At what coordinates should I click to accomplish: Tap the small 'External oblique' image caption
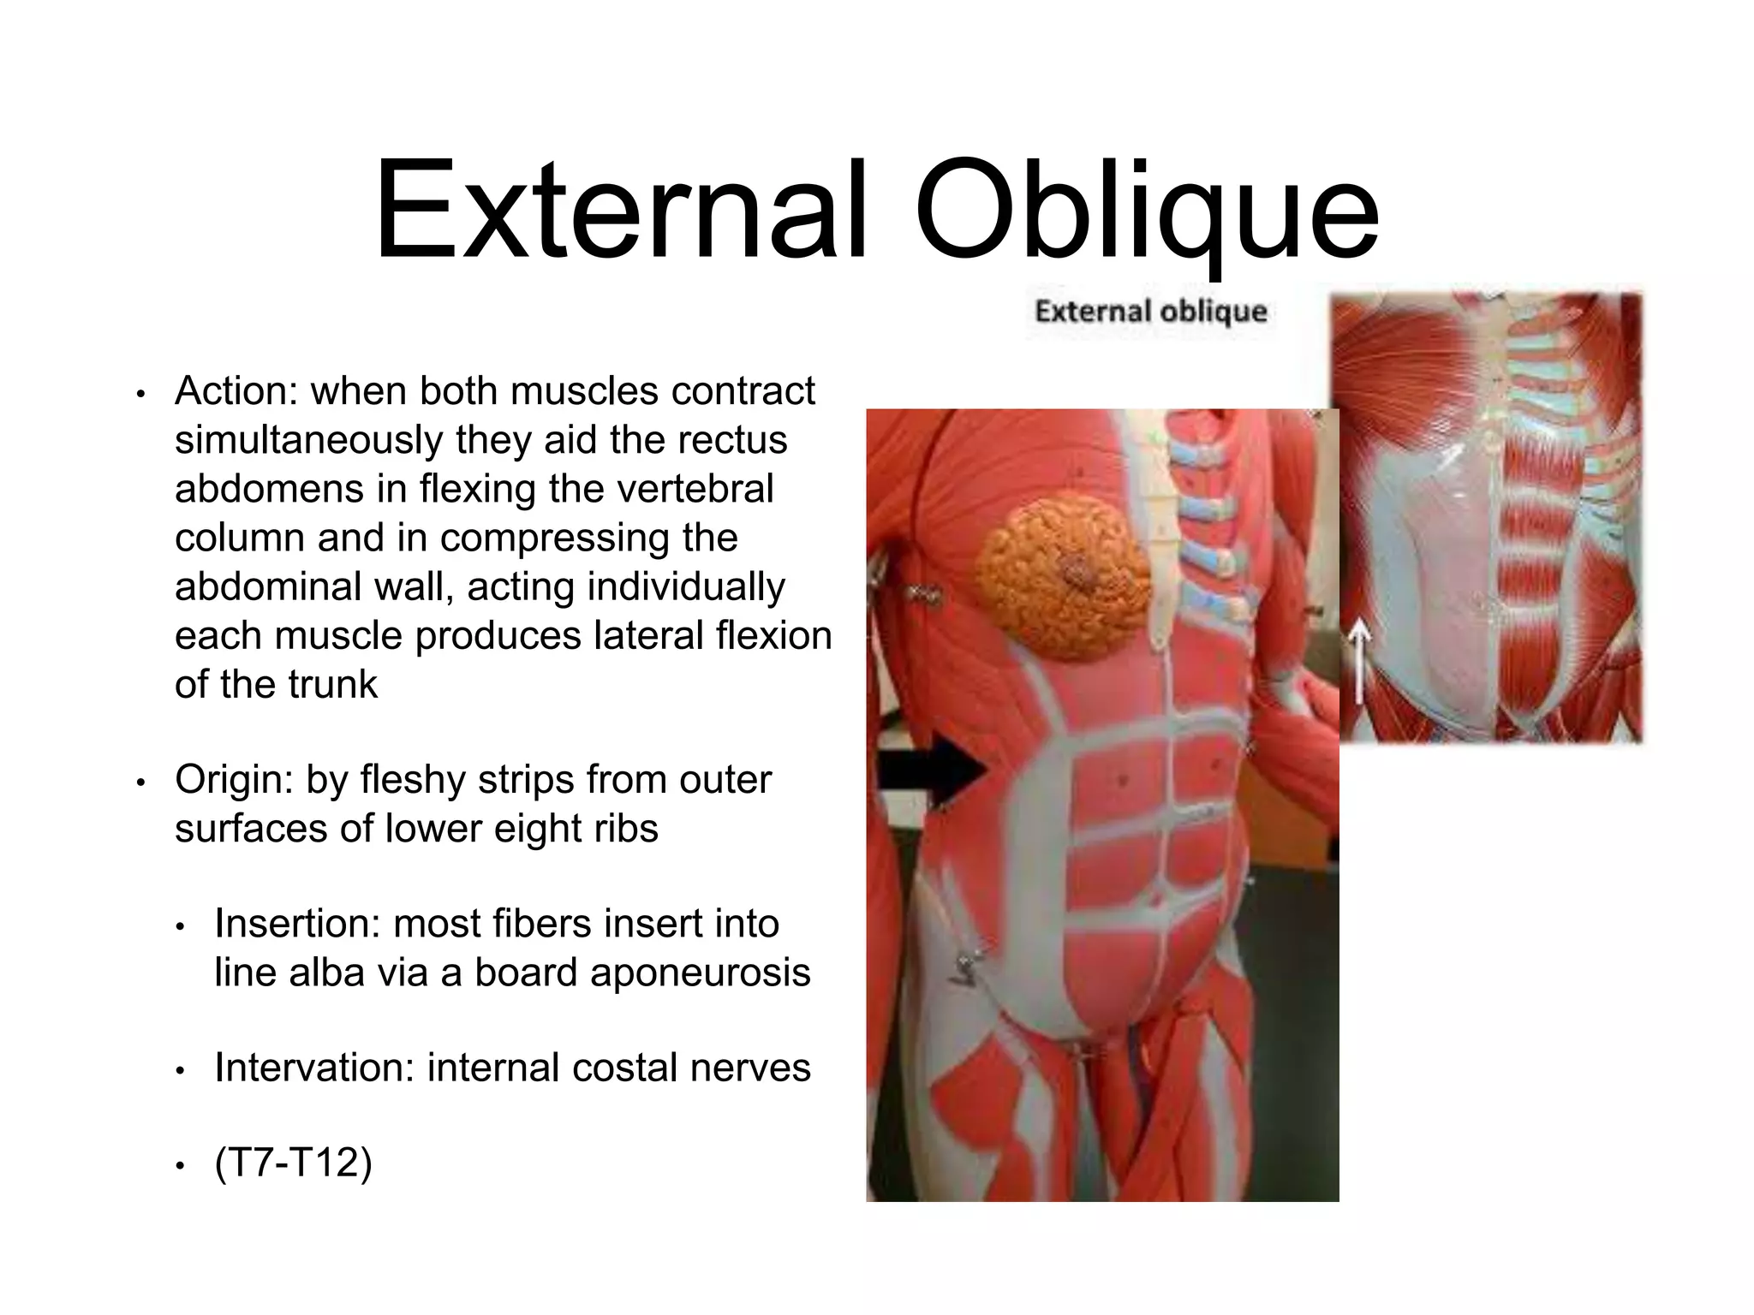click(x=1150, y=312)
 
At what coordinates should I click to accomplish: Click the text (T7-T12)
click(x=294, y=1163)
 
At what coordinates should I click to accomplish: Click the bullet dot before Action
click(x=142, y=395)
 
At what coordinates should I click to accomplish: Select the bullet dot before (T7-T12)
click(x=181, y=1167)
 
